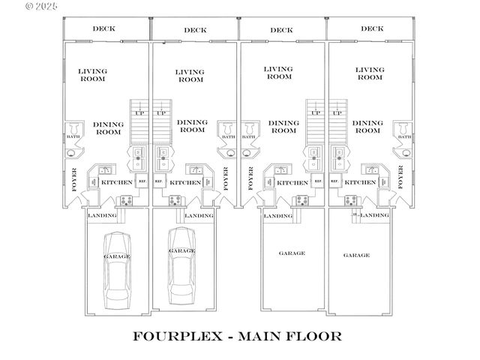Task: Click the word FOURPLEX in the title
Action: pos(177,336)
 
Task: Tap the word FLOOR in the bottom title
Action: pos(315,336)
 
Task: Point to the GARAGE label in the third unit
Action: pos(292,253)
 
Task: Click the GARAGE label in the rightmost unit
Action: pos(356,255)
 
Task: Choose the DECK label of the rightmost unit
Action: pos(371,29)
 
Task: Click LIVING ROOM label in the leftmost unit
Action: pos(93,74)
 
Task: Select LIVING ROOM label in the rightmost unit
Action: pos(370,73)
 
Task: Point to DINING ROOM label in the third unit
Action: pos(283,127)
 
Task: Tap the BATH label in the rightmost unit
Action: pos(404,137)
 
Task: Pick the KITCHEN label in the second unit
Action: pos(184,182)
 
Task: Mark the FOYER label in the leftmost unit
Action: pos(74,180)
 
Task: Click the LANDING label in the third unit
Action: pos(277,216)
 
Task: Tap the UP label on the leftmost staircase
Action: pos(139,113)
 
